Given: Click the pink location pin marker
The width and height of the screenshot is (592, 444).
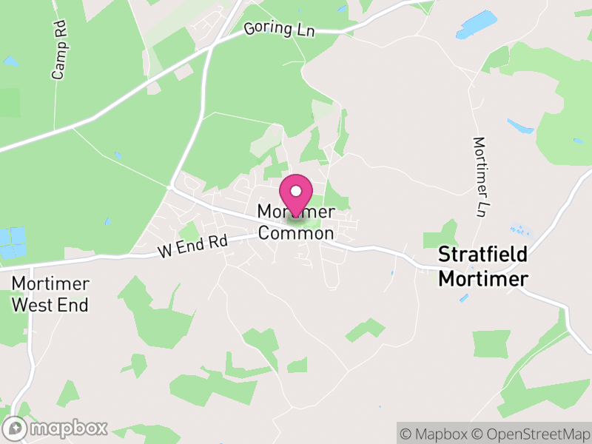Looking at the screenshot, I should pyautogui.click(x=296, y=195).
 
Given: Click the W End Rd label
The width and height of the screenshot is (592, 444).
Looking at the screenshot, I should pyautogui.click(x=191, y=247).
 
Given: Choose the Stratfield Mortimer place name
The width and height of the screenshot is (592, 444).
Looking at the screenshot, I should pyautogui.click(x=482, y=266).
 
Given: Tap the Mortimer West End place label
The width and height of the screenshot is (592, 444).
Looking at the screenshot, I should pyautogui.click(x=50, y=294).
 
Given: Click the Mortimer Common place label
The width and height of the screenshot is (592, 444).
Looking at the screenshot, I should pyautogui.click(x=296, y=223).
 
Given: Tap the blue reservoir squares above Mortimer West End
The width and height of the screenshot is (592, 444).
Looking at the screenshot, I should pyautogui.click(x=12, y=243).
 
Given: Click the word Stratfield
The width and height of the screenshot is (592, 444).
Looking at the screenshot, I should pyautogui.click(x=482, y=255).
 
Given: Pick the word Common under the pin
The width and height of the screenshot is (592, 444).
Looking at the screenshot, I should pyautogui.click(x=296, y=233).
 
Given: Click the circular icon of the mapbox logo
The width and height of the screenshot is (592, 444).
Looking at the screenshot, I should pyautogui.click(x=16, y=428).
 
